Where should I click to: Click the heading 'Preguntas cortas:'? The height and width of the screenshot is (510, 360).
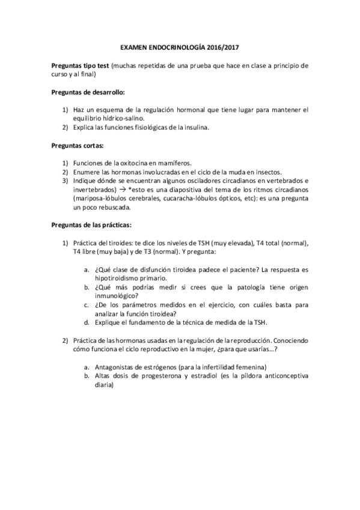coord(76,146)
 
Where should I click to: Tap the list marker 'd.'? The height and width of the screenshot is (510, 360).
coord(87,322)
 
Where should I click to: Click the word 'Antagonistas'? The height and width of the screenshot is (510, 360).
coord(116,367)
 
